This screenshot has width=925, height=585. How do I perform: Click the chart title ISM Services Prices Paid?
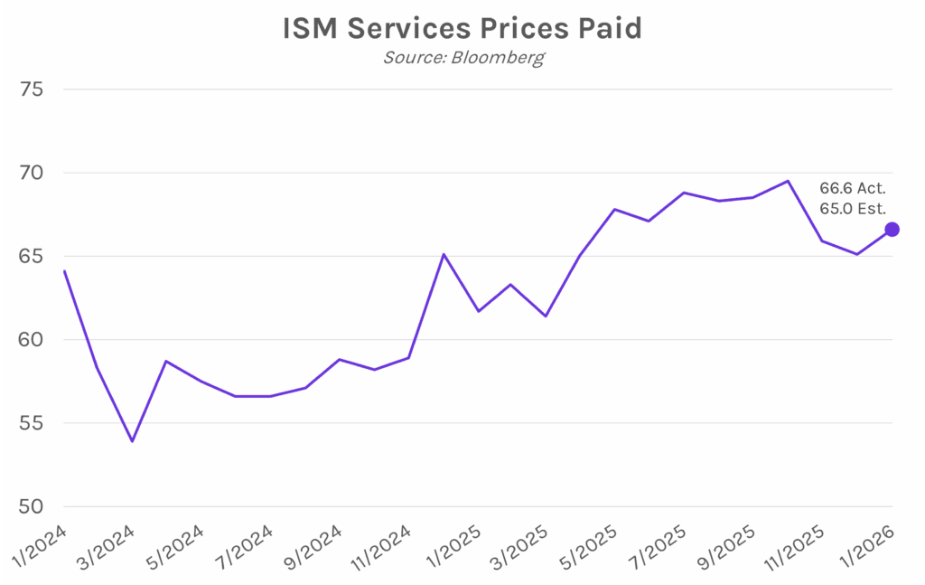(462, 28)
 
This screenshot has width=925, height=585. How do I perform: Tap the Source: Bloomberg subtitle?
(462, 57)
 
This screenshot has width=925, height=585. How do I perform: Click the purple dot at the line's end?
(892, 230)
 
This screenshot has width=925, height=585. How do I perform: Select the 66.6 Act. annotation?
(853, 189)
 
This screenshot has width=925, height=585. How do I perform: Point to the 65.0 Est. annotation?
(853, 209)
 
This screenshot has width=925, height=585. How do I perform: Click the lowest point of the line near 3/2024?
(133, 441)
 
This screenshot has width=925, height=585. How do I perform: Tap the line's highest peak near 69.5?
(788, 181)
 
